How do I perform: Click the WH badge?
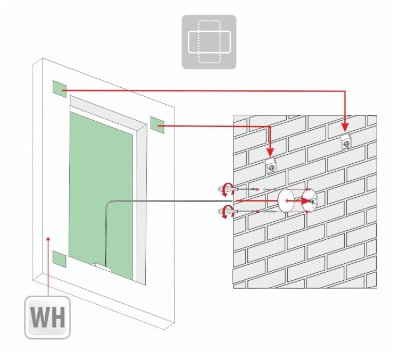pyautogui.click(x=47, y=317)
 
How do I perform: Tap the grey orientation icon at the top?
pyautogui.click(x=209, y=41)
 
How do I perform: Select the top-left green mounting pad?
pyautogui.click(x=60, y=89)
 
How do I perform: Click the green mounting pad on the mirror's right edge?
pyautogui.click(x=157, y=125)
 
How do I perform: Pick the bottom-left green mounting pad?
pyautogui.click(x=59, y=259)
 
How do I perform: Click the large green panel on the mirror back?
pyautogui.click(x=101, y=196)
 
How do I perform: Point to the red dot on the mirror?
pyautogui.click(x=48, y=239)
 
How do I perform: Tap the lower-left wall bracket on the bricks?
pyautogui.click(x=271, y=166)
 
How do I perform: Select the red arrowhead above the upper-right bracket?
pyautogui.click(x=345, y=128)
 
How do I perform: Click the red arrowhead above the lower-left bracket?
pyautogui.click(x=270, y=152)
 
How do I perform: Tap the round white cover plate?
pyautogui.click(x=286, y=200)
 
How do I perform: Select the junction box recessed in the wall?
pyautogui.click(x=310, y=200)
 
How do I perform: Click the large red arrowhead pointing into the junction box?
pyautogui.click(x=306, y=200)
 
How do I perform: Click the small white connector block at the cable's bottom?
pyautogui.click(x=103, y=267)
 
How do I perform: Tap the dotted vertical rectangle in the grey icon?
pyautogui.click(x=209, y=41)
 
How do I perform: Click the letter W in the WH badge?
pyautogui.click(x=39, y=317)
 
